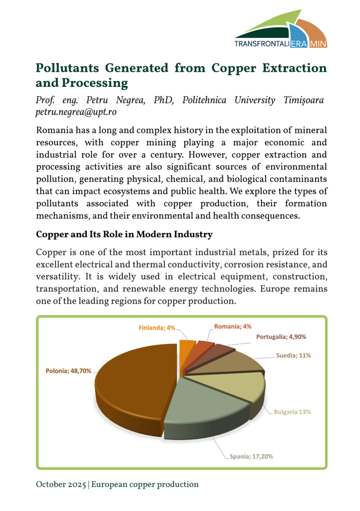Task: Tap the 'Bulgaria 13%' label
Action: [293, 412]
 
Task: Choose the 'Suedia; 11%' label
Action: [294, 356]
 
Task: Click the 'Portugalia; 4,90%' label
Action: [281, 337]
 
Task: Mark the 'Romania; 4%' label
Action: [233, 327]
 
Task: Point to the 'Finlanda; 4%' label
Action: [157, 328]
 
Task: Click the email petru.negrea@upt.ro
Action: [76, 112]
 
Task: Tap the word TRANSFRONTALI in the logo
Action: [262, 44]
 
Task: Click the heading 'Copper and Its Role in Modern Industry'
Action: [124, 234]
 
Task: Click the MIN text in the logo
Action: [318, 44]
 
